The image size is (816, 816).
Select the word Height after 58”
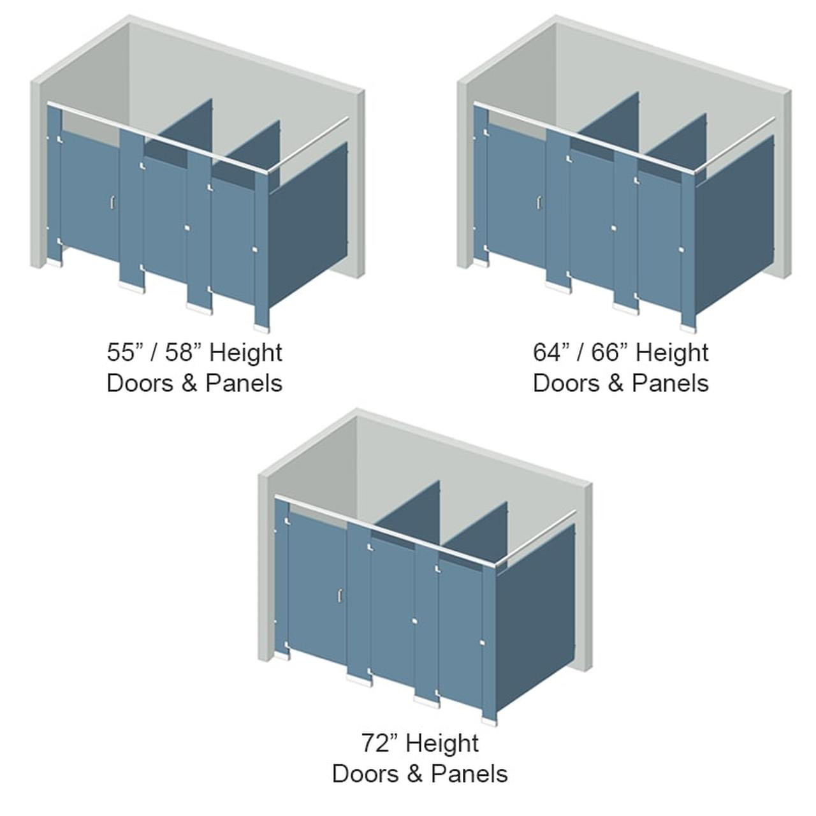click(x=245, y=353)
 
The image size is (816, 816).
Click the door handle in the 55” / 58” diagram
click(x=112, y=202)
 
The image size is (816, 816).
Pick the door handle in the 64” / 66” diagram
click(x=539, y=202)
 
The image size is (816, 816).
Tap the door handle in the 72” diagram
click(x=340, y=595)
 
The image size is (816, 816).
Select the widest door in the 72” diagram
click(x=317, y=586)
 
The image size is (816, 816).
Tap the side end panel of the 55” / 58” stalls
click(x=307, y=223)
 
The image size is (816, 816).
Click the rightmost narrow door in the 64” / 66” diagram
click(x=659, y=242)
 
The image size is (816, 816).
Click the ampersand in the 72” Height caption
click(x=414, y=774)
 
